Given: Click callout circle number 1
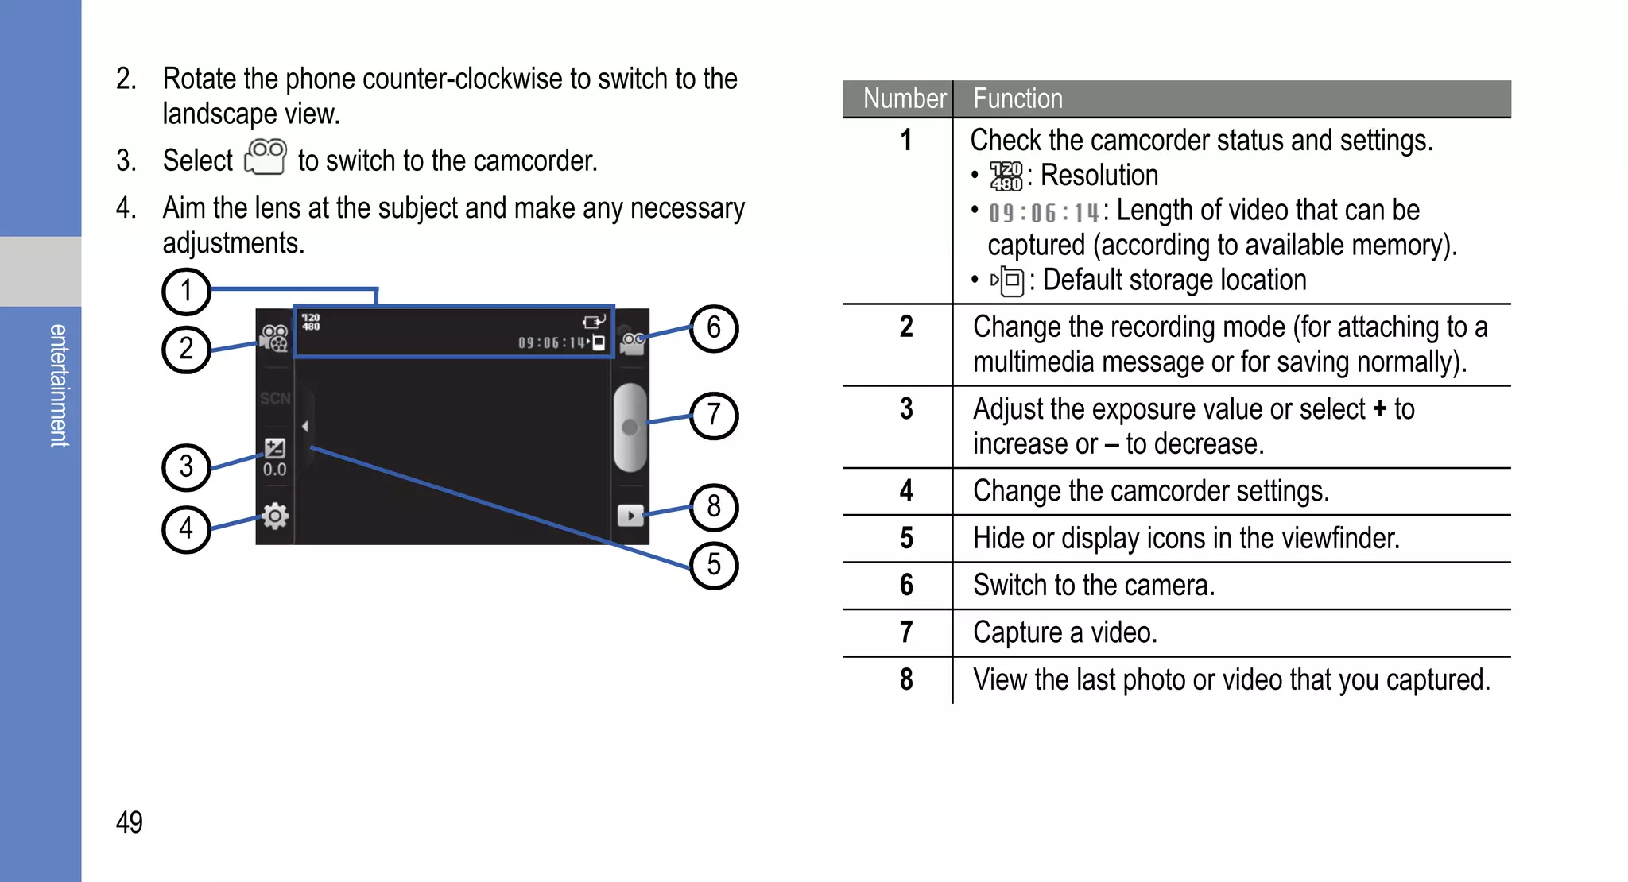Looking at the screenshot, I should click(x=186, y=291).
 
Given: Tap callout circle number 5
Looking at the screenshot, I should click(x=713, y=565).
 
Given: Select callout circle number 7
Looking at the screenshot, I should click(x=713, y=415).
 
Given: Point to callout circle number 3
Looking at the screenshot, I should click(x=186, y=466).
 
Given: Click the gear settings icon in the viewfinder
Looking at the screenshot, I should click(x=275, y=516).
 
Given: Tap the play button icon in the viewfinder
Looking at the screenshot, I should click(x=630, y=516).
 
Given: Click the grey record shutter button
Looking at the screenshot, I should click(x=630, y=427).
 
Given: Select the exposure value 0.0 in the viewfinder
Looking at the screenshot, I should click(x=275, y=470).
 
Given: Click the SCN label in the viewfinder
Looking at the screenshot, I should click(x=275, y=398).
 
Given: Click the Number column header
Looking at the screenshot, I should click(x=904, y=99).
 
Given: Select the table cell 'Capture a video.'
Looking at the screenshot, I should click(x=1064, y=632).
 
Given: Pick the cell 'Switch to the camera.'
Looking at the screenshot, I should click(x=1094, y=586).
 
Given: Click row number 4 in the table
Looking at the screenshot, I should click(x=906, y=491).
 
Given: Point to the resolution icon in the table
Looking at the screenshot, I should click(x=1006, y=176).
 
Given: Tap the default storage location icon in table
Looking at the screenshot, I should click(x=1008, y=280).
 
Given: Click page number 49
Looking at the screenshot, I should click(x=130, y=822).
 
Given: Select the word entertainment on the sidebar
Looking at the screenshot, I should click(x=59, y=385).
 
